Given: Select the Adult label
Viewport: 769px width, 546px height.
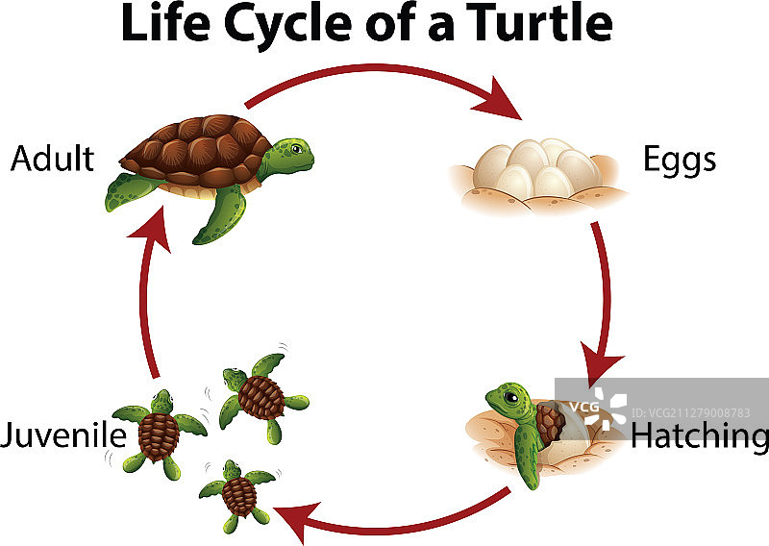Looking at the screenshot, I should coord(52,159).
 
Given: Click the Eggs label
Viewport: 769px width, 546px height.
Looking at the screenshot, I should coord(680,160).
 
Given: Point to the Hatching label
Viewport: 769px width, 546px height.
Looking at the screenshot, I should coord(699,436).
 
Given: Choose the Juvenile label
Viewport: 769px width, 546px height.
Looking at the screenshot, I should coord(63,435).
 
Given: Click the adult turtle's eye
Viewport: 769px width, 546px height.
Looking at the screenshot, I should coord(297,149).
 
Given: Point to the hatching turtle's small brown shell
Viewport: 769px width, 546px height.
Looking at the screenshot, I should coord(549,423).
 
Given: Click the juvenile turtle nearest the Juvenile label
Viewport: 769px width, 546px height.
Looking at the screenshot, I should coord(159,433).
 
